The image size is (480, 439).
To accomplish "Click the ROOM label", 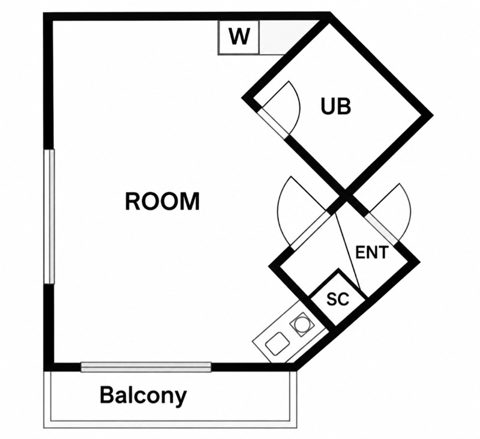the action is point(162,201).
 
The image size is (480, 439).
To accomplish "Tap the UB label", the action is point(335,106).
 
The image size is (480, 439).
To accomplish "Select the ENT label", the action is point(371,252).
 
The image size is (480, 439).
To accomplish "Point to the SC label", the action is point(338,298).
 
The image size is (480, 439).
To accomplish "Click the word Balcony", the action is point(143,396).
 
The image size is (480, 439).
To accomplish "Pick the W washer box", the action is point(239,37).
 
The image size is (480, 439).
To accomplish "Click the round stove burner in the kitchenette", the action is point(302,324).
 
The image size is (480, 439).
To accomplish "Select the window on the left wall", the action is point(49,216).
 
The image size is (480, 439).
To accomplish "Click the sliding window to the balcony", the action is point(146,367).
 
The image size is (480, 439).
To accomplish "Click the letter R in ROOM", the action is point(133,201).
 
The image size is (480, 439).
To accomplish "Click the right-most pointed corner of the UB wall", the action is point(432,115).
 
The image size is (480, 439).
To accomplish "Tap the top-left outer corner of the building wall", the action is point(44,13).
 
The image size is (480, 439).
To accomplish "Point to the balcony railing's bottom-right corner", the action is point(296,428).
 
